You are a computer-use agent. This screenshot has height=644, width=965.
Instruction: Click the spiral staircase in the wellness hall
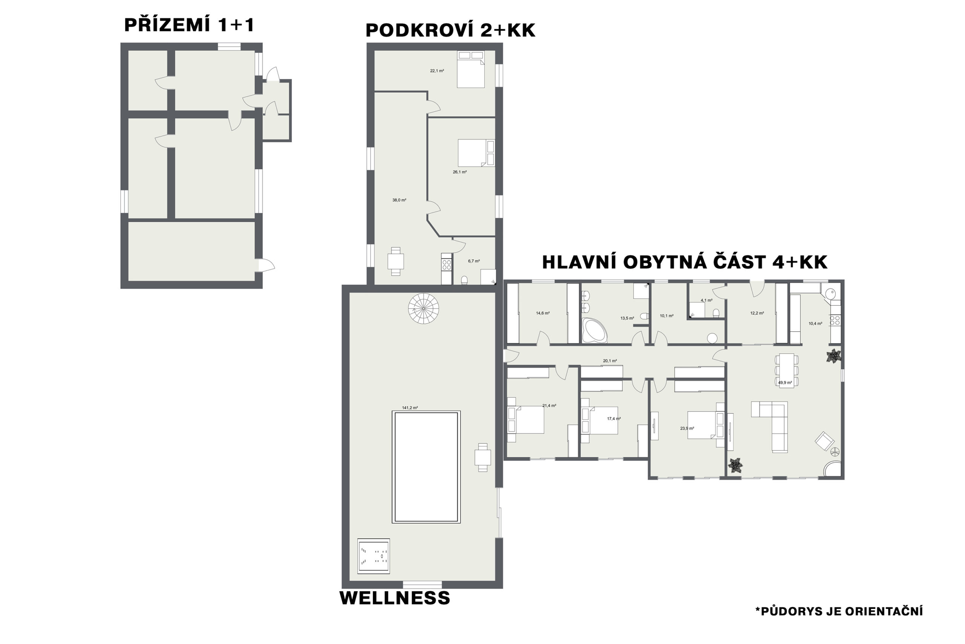click(423, 309)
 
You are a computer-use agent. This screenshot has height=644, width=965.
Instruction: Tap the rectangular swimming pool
click(426, 467)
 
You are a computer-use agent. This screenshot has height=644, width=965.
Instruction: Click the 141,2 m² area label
click(410, 408)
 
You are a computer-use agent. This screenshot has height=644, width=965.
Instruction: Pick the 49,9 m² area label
click(785, 383)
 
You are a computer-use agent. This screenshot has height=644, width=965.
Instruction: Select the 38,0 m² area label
click(399, 200)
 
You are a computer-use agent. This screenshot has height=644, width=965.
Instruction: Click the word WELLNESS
click(395, 598)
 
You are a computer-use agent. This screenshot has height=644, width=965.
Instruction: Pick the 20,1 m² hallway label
click(610, 361)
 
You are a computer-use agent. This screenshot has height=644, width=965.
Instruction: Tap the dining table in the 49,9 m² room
click(787, 370)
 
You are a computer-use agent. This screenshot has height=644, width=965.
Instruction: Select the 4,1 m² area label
click(706, 300)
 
